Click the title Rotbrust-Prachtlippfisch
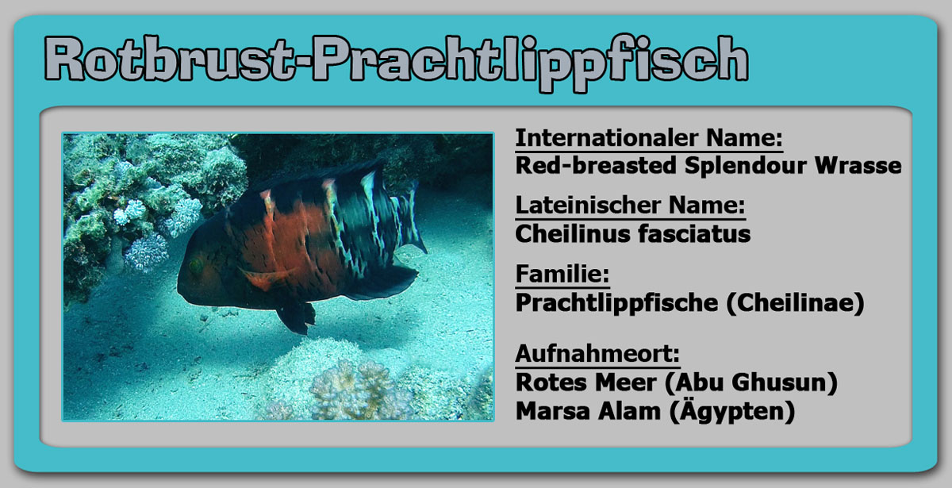(x=396, y=63)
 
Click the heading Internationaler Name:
(x=649, y=138)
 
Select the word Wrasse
(x=858, y=165)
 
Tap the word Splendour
(x=746, y=166)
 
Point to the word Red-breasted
(x=596, y=165)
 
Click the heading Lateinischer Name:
(x=630, y=206)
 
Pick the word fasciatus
(x=694, y=234)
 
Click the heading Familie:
(x=562, y=275)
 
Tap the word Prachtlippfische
(x=616, y=303)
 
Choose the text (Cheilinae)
(x=795, y=303)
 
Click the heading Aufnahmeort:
(x=597, y=354)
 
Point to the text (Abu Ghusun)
(x=751, y=382)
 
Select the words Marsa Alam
(x=588, y=411)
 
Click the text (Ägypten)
(x=732, y=411)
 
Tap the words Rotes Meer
(x=585, y=382)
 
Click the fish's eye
(x=196, y=266)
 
